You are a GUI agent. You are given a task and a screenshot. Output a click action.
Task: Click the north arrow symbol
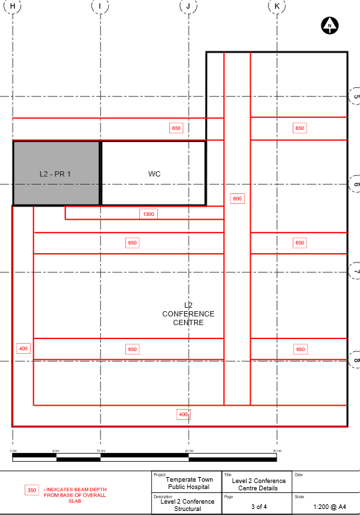click(x=330, y=26)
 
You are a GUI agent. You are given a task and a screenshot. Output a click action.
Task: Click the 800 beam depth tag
click(x=237, y=199)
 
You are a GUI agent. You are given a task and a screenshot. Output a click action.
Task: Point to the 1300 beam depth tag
click(x=148, y=214)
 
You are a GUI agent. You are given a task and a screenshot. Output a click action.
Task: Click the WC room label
click(x=154, y=174)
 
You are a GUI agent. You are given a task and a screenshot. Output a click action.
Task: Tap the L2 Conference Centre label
click(x=188, y=314)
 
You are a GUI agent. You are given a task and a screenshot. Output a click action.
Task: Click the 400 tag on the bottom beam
click(x=183, y=414)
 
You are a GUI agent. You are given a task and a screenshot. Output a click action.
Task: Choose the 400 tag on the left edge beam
click(x=23, y=348)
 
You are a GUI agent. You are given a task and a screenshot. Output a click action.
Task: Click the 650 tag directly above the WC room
click(x=176, y=128)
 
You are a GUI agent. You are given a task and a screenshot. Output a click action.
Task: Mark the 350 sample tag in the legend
click(x=31, y=490)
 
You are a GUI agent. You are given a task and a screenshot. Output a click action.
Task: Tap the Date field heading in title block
click(x=298, y=475)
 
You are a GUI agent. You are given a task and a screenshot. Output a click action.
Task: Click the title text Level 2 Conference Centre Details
click(x=259, y=484)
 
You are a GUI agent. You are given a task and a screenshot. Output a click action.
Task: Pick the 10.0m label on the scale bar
click(x=100, y=451)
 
